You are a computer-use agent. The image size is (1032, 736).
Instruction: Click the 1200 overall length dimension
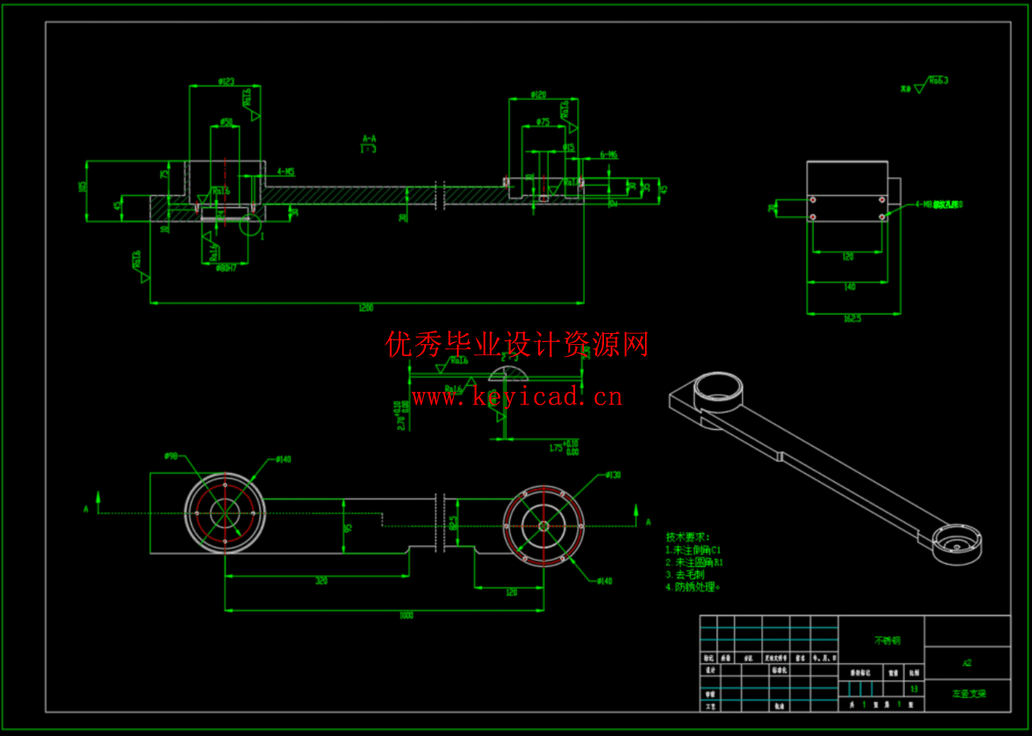click(365, 308)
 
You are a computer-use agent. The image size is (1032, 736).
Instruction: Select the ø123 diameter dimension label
click(226, 82)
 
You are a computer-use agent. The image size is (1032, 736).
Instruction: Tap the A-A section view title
click(369, 139)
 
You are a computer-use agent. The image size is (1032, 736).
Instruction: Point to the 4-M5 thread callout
click(286, 172)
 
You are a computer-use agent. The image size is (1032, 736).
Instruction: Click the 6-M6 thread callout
click(608, 155)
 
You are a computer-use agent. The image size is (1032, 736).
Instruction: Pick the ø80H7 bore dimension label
click(226, 267)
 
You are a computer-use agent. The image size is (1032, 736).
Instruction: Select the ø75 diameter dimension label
click(543, 122)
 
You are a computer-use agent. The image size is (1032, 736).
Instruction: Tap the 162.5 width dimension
click(852, 319)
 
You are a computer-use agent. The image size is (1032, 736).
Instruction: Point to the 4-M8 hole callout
click(939, 205)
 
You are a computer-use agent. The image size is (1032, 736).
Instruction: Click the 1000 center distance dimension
click(406, 615)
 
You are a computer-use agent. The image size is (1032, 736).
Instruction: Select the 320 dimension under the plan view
click(321, 581)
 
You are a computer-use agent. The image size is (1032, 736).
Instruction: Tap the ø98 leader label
click(172, 456)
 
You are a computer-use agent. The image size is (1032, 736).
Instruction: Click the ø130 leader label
click(613, 475)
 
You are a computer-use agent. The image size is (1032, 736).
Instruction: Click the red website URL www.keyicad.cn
click(517, 397)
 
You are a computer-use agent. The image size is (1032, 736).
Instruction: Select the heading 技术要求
click(688, 537)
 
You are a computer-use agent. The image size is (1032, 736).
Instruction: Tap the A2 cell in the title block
click(967, 663)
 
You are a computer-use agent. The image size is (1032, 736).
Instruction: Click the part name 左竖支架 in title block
click(969, 694)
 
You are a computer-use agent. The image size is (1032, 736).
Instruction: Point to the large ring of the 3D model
click(718, 390)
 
